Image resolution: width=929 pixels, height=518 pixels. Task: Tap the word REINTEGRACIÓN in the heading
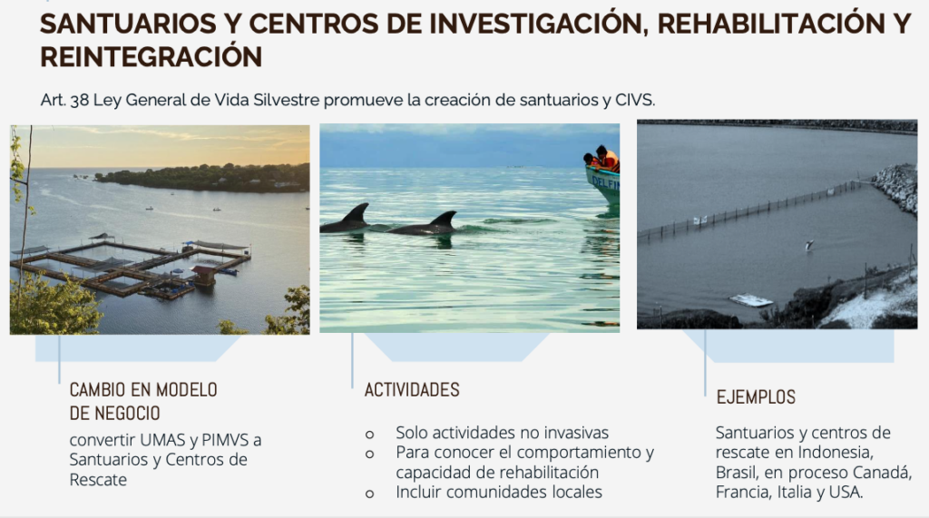coord(152,57)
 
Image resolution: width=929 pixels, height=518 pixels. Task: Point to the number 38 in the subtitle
coord(80,100)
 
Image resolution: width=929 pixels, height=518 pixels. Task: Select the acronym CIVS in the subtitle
coord(634,100)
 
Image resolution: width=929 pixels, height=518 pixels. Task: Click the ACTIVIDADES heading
coord(412,390)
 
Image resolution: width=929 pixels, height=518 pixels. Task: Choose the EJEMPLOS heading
coord(756,397)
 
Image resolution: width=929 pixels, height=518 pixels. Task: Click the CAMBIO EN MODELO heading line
coord(143,390)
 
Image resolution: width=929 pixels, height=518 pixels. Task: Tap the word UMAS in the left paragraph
coord(161,440)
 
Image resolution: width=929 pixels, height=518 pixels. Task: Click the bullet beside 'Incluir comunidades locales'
coord(370,494)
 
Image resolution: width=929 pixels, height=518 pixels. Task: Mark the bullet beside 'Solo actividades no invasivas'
coord(370,435)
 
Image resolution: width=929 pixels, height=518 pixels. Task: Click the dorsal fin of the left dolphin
coord(357,212)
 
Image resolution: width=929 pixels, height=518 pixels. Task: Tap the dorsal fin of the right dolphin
coord(445,220)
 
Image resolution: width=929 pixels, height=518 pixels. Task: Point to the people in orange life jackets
coord(602,159)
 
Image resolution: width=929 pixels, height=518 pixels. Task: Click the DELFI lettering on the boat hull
coord(605,183)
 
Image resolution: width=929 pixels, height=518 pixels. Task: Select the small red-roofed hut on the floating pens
coord(203,276)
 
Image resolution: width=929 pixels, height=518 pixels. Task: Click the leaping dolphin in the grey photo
coord(808,245)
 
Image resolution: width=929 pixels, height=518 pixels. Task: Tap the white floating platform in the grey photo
coord(750,300)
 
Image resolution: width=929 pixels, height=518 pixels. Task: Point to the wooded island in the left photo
coord(203,178)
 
